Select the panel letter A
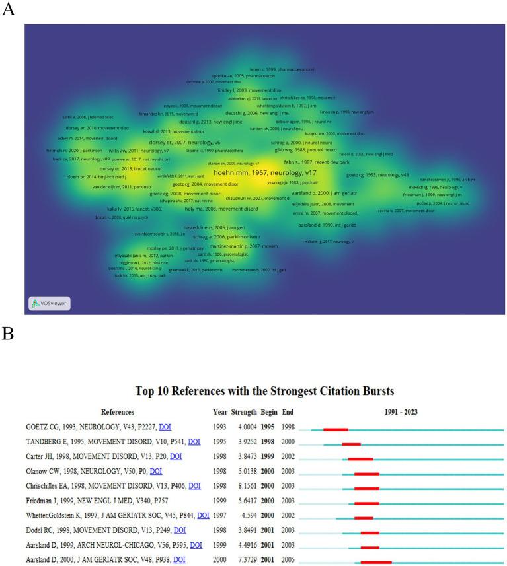click(x=9, y=9)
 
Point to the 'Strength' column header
click(x=244, y=412)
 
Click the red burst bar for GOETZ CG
click(x=336, y=429)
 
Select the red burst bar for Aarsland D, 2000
click(x=376, y=562)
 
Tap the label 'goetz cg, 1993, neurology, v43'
click(x=377, y=175)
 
